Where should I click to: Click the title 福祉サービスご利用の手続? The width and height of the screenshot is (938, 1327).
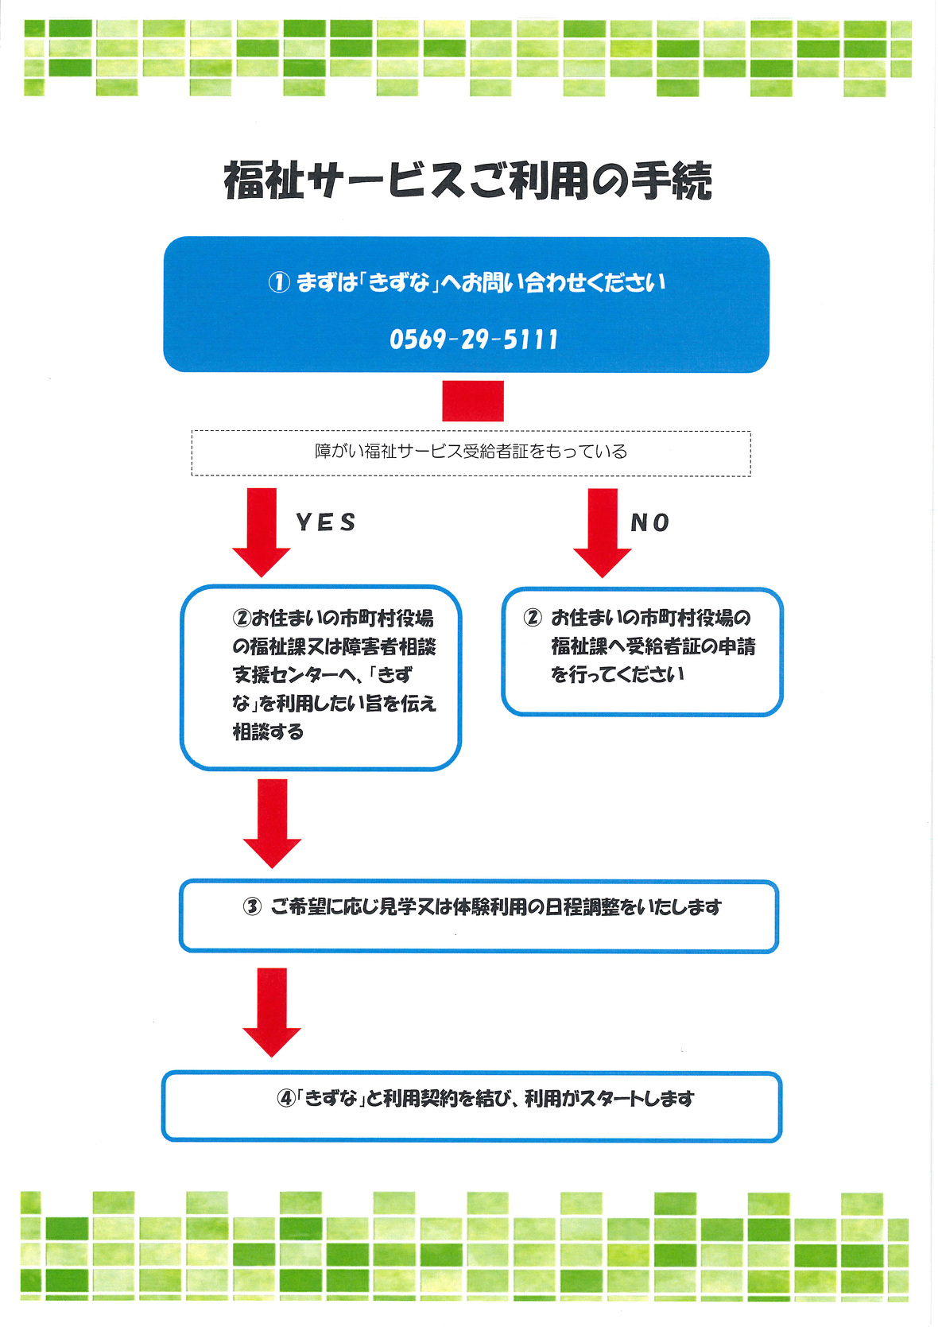click(x=467, y=180)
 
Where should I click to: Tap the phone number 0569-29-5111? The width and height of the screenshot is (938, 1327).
click(x=474, y=340)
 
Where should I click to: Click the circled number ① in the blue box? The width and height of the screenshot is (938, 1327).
click(x=278, y=282)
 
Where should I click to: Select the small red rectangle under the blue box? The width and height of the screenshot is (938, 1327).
click(x=473, y=401)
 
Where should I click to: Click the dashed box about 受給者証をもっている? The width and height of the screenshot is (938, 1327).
click(x=471, y=452)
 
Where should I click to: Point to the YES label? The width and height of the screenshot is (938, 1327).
click(x=326, y=522)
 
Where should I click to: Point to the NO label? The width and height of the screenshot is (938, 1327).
click(x=649, y=522)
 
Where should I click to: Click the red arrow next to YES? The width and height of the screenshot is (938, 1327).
click(x=261, y=531)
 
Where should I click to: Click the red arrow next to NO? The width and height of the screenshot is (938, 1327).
click(x=602, y=531)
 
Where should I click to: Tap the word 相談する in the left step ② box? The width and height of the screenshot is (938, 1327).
click(x=268, y=731)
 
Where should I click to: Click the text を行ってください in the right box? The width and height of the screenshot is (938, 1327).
click(x=617, y=674)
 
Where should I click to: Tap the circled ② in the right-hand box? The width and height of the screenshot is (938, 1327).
click(x=533, y=618)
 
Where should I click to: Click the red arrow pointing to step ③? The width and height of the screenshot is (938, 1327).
click(x=272, y=822)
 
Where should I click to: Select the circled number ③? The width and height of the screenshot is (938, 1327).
click(x=252, y=906)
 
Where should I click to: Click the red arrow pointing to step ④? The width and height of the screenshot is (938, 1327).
click(x=272, y=1011)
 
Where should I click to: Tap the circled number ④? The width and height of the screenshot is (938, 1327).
click(x=285, y=1099)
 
